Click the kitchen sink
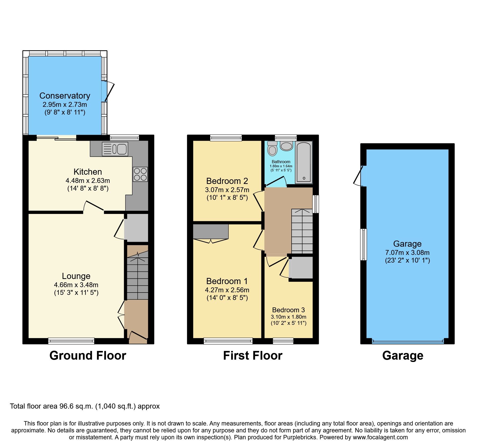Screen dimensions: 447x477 [115, 149]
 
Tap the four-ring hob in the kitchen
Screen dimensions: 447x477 [140, 174]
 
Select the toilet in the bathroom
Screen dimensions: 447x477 [272, 149]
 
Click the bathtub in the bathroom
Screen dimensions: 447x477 [304, 162]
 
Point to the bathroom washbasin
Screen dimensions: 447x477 [286, 145]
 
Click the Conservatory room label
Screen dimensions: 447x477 [65, 96]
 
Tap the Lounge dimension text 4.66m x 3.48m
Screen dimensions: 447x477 [76, 285]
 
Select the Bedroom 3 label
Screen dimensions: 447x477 [289, 310]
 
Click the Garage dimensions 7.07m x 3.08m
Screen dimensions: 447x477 [407, 253]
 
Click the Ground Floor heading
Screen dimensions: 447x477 [88, 356]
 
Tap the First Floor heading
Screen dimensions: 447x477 [253, 356]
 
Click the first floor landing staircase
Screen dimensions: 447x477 [302, 232]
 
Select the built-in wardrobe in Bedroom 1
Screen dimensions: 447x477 [211, 232]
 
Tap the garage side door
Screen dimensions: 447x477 [359, 176]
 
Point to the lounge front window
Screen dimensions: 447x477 [71, 341]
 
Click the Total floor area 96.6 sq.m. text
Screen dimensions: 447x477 [85, 406]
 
